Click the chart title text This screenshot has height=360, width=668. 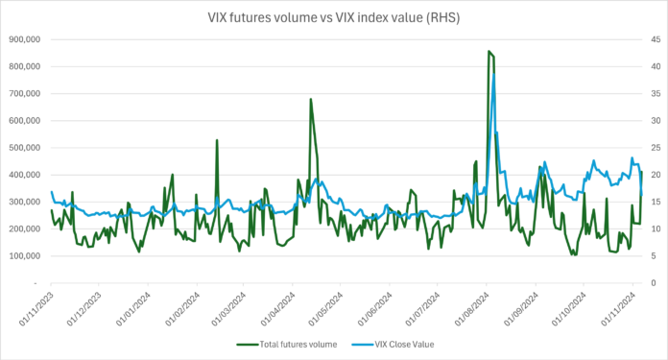(x=335, y=16)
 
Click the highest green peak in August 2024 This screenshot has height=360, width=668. (x=489, y=52)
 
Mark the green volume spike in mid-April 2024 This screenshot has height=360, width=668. (x=310, y=99)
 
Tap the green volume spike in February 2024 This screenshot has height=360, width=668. (x=217, y=140)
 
